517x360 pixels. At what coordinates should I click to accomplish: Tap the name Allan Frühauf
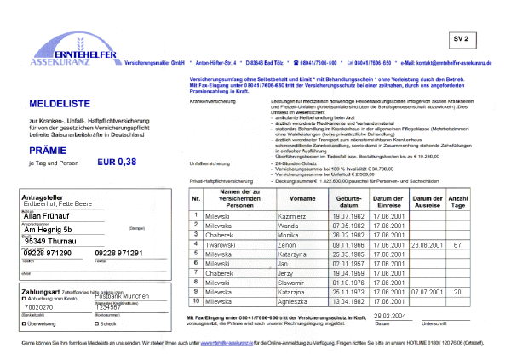[x=48, y=216]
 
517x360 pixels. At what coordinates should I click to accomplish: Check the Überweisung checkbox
[x=23, y=323]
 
